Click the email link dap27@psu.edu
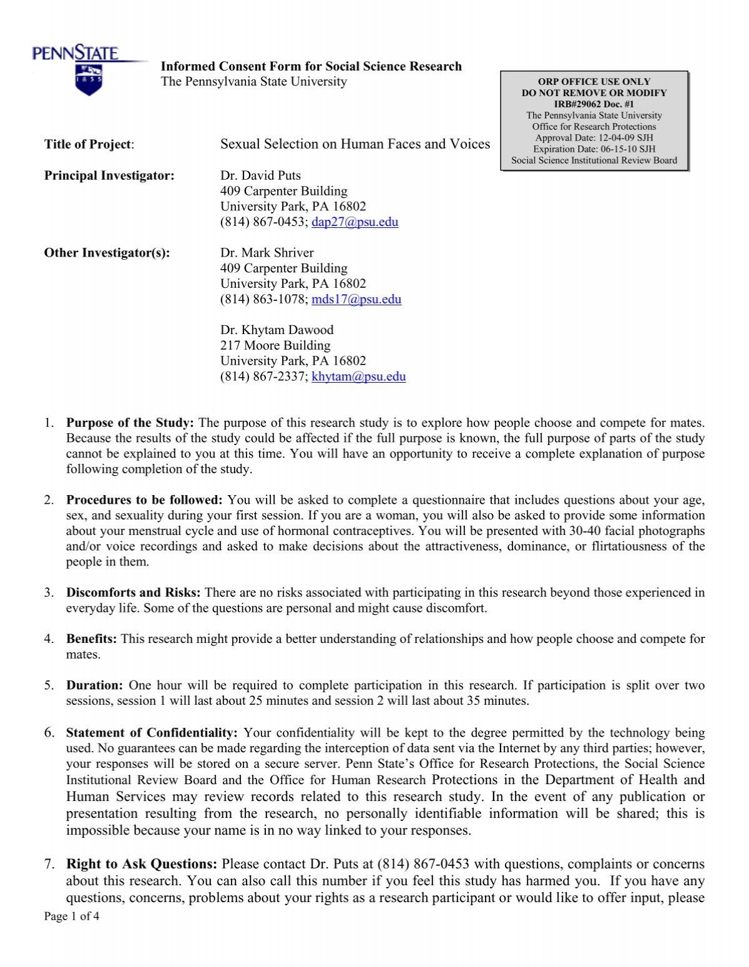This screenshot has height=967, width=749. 355,222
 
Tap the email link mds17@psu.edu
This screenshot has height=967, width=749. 356,299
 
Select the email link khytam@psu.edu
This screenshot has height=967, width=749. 358,376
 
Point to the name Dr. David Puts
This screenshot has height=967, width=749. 260,175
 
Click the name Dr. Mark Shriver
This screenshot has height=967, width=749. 267,253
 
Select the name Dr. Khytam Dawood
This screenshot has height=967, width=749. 277,330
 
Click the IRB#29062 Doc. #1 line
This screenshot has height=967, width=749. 594,104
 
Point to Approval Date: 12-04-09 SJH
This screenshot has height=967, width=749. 594,138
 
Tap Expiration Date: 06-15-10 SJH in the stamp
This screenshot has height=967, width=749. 594,149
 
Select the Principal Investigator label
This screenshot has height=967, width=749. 109,175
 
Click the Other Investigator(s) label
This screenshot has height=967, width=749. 107,253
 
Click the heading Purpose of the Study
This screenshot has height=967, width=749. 130,423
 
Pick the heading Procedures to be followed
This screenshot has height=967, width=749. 144,500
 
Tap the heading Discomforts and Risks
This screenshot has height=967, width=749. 133,592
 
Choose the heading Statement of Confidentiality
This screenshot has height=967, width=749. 152,733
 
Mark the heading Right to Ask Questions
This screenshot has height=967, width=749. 142,864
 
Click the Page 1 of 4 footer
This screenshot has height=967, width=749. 72,916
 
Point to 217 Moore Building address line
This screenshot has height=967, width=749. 275,345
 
